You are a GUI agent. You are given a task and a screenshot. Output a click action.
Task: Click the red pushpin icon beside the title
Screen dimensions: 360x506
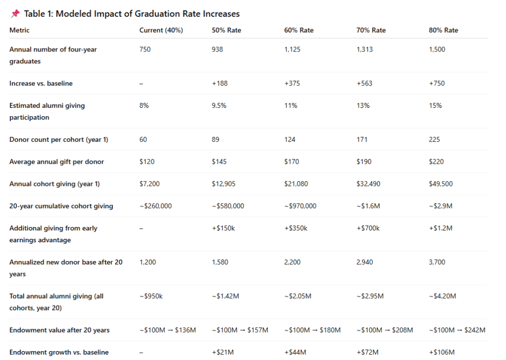[15, 14]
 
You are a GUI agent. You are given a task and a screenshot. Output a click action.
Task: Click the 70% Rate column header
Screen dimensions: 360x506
[371, 30]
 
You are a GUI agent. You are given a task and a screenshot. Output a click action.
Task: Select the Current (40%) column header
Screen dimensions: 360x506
[161, 30]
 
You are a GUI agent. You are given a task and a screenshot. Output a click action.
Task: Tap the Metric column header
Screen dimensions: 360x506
[19, 30]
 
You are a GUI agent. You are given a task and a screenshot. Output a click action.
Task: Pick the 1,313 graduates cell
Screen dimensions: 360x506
[365, 49]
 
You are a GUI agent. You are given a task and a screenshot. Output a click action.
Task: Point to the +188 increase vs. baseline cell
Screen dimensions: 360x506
[220, 84]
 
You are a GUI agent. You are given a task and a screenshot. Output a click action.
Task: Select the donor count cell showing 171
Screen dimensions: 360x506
[362, 139]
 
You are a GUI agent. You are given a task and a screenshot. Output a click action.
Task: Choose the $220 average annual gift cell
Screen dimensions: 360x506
[436, 162]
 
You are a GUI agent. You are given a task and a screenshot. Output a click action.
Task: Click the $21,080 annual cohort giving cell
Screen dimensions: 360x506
[296, 184]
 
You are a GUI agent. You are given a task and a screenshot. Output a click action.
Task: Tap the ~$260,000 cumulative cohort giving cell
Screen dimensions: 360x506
[155, 206]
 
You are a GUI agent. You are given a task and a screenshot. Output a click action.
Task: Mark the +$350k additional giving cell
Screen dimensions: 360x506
[296, 228]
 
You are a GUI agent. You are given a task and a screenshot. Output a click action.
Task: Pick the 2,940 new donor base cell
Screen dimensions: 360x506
[365, 262]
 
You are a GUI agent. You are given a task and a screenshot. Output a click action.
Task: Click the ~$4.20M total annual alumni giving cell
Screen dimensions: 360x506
[442, 296]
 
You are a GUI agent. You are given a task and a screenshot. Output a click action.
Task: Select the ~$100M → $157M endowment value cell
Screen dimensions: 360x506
[240, 330]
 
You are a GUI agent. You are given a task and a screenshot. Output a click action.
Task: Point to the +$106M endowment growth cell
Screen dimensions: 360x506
[442, 352]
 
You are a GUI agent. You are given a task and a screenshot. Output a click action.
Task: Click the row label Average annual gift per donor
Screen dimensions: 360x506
[56, 162]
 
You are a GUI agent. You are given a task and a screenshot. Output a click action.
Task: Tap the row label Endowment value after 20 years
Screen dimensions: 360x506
[59, 330]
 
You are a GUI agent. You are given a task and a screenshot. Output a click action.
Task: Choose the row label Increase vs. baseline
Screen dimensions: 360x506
[41, 84]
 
